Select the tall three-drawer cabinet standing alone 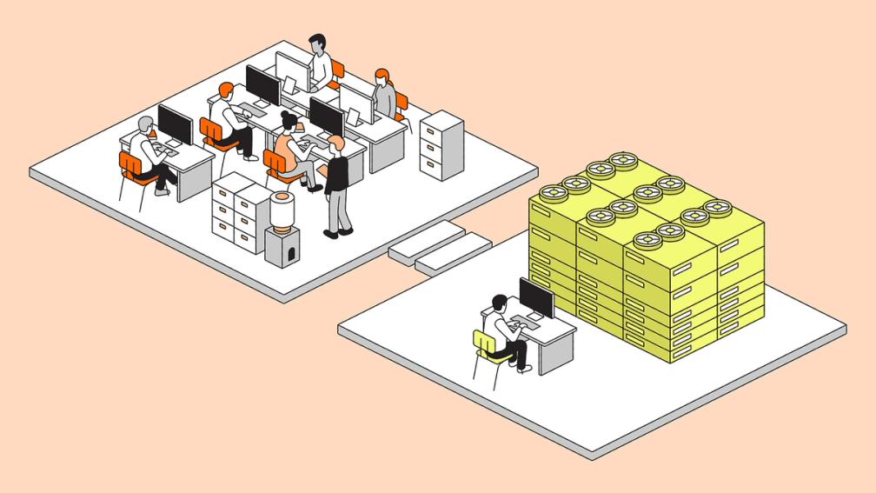point(441,145)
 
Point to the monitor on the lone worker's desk point(536,298)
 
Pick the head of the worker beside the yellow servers point(499,303)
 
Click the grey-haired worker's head point(146,124)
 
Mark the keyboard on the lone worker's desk point(528,323)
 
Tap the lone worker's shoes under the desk point(523,367)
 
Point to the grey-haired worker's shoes point(163,190)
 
